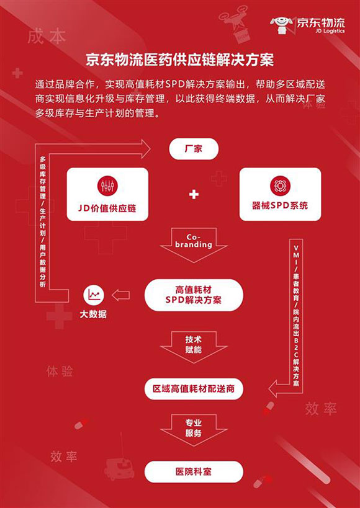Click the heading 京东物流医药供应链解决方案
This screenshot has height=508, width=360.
click(180, 60)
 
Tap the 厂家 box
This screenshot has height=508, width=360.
click(194, 149)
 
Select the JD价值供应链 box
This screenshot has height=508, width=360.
click(107, 194)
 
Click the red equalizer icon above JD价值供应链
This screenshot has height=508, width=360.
click(107, 185)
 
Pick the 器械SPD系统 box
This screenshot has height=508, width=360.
click(280, 194)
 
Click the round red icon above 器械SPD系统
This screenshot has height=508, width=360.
click(280, 185)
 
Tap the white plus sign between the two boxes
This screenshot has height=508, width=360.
click(194, 194)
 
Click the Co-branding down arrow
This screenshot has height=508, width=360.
click(194, 244)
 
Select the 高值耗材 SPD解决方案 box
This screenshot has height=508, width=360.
click(194, 295)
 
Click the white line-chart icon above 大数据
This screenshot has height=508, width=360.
click(94, 295)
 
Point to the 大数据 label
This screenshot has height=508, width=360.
click(93, 314)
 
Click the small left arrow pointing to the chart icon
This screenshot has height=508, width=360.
click(120, 295)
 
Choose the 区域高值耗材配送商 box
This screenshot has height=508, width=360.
click(194, 388)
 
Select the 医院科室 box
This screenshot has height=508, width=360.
click(194, 471)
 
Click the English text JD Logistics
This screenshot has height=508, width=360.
click(328, 31)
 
